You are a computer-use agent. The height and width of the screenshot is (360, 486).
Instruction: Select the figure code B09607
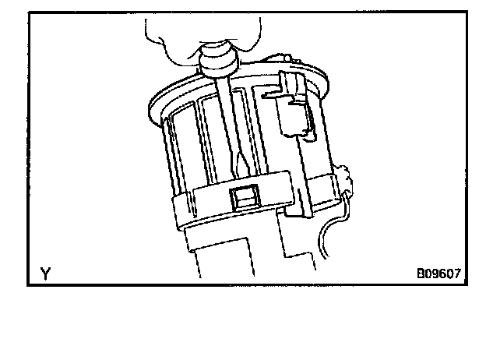pyautogui.click(x=438, y=274)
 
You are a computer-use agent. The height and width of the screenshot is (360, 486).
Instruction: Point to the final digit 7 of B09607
pyautogui.click(x=457, y=274)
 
